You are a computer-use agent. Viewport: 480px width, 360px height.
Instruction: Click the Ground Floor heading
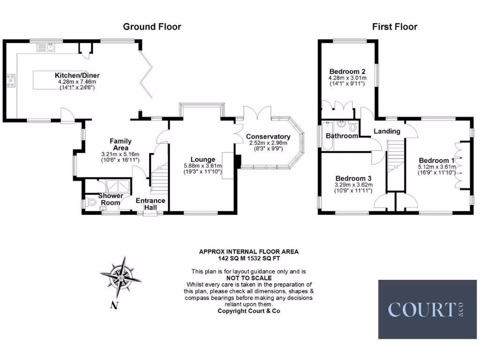[152, 27]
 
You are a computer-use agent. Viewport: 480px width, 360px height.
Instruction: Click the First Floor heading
[395, 27]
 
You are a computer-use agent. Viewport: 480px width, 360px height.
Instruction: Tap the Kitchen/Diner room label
[77, 75]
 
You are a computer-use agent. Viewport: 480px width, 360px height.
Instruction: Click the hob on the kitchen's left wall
[10, 81]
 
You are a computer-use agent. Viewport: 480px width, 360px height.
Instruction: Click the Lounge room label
[202, 159]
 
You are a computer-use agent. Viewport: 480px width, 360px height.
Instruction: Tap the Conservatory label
[268, 136]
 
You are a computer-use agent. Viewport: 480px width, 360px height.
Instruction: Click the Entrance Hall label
[150, 203]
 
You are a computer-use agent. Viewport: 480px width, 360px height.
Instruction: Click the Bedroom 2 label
[347, 72]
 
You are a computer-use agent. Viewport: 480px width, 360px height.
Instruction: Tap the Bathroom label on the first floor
[342, 136]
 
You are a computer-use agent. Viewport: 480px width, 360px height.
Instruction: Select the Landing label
[387, 131]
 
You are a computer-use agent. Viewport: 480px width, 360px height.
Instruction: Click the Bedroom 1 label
[437, 160]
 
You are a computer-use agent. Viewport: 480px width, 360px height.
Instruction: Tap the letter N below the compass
[113, 306]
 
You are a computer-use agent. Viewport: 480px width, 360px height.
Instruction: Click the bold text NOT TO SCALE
[248, 278]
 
